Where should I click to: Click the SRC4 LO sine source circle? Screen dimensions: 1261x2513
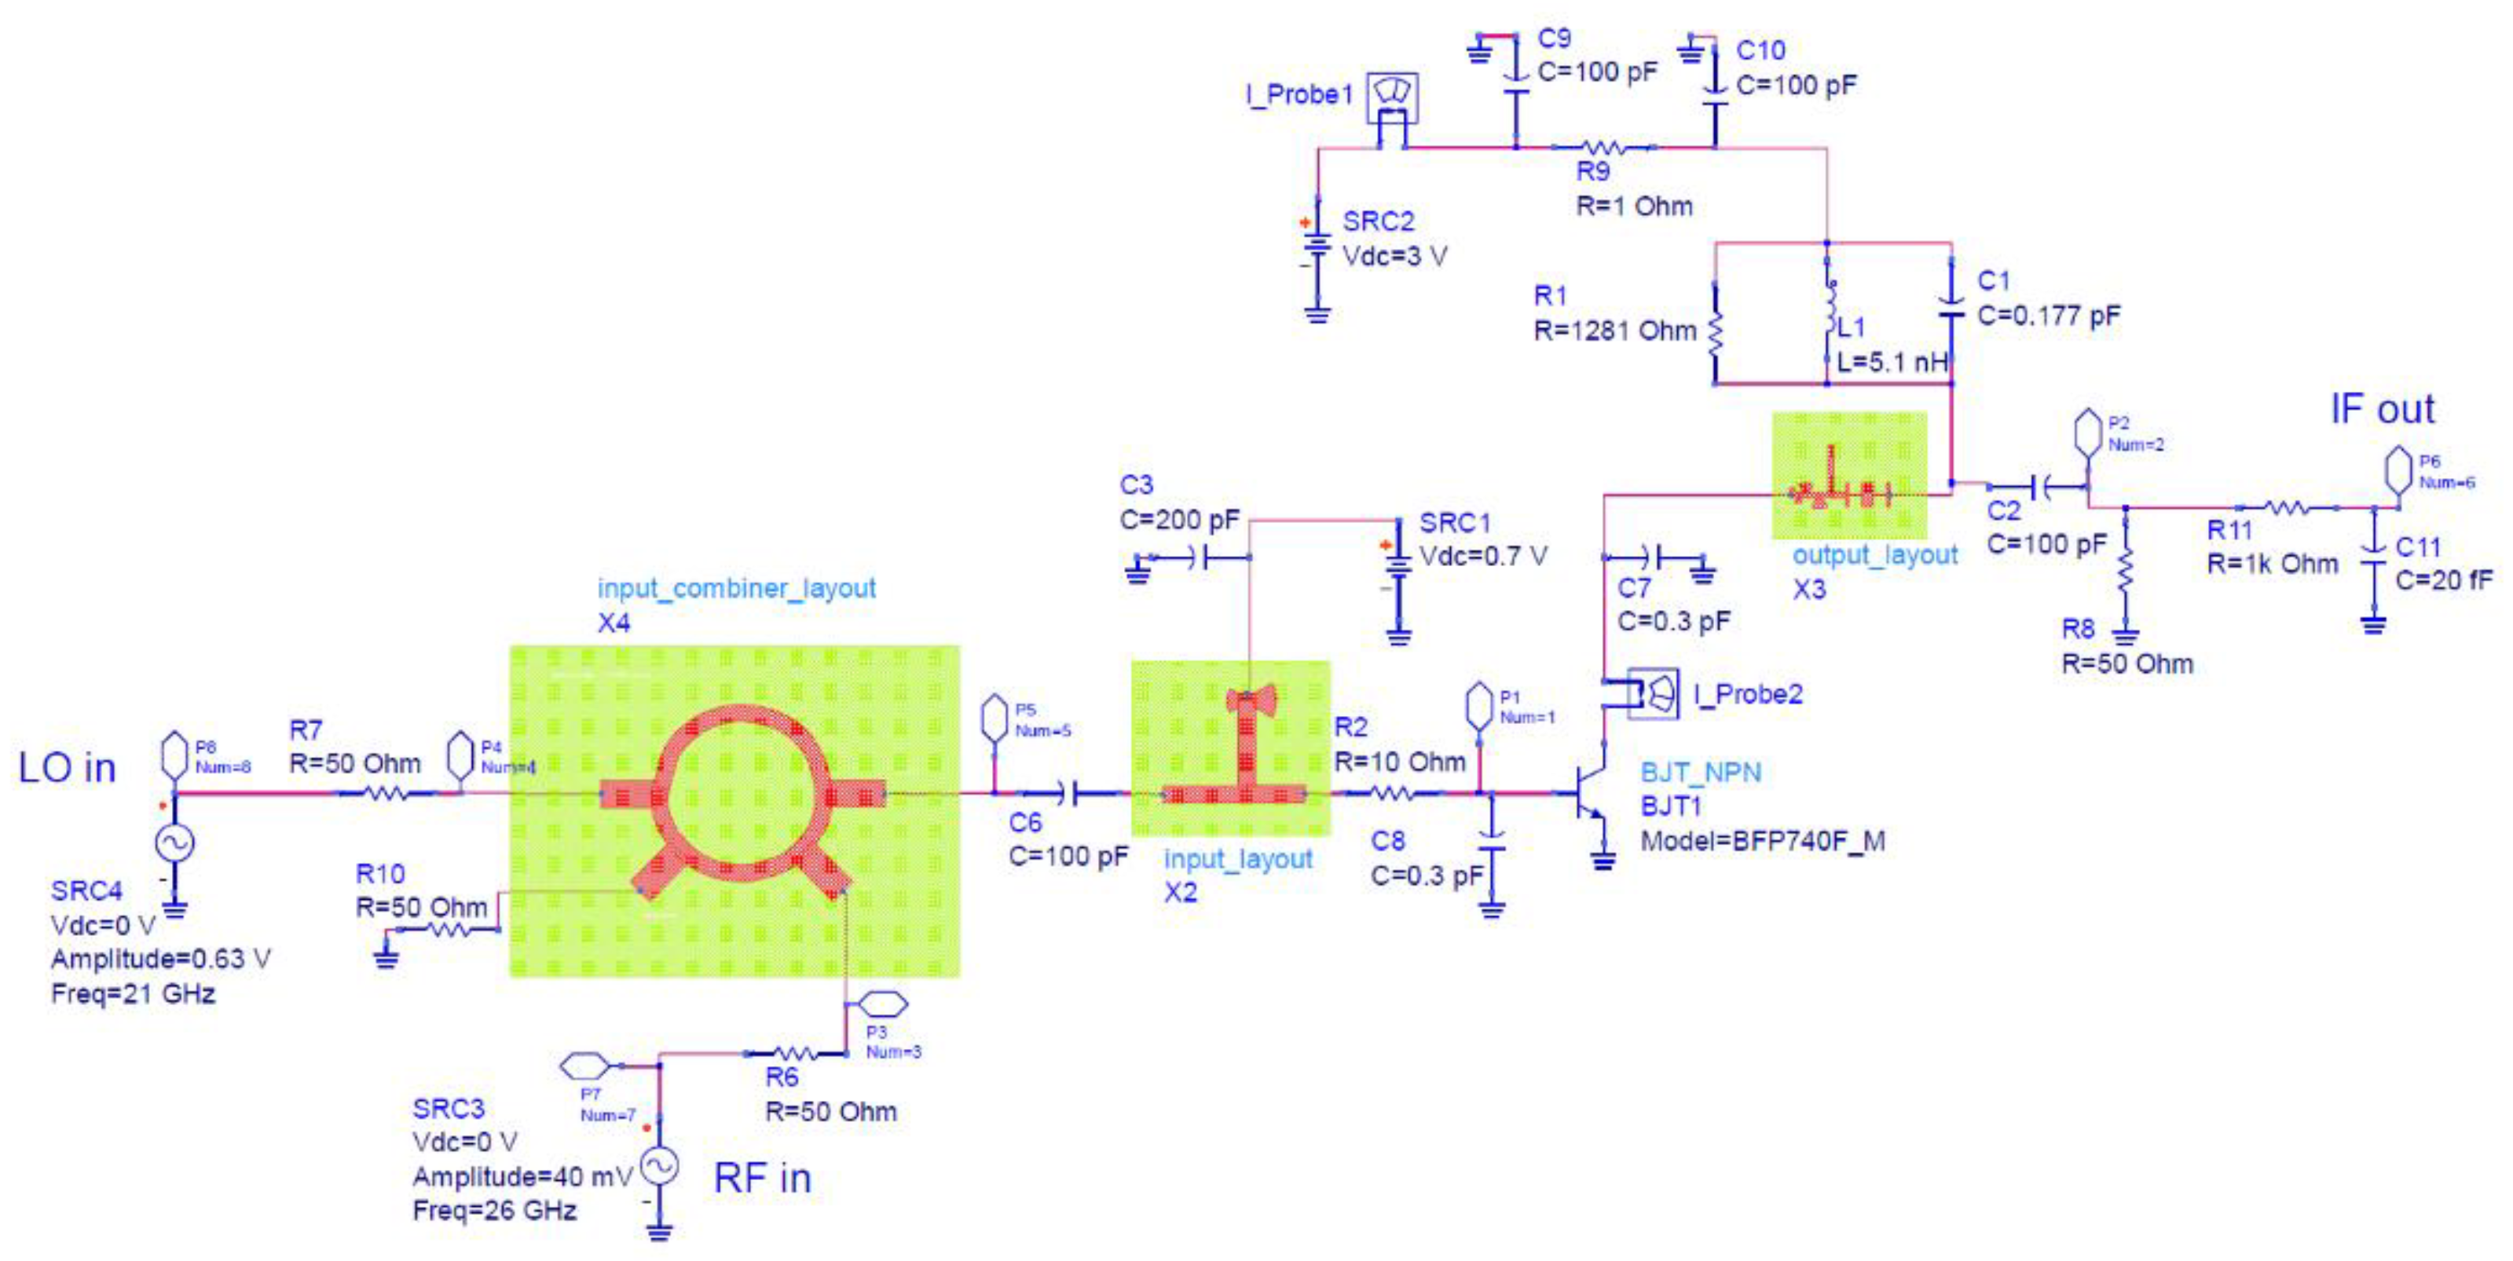(x=176, y=843)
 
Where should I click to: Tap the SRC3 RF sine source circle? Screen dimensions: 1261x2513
(x=659, y=1165)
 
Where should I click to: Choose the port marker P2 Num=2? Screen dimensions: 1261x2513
(x=2086, y=434)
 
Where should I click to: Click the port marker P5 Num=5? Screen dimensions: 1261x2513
(x=993, y=718)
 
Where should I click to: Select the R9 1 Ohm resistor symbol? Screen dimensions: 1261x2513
(x=1604, y=148)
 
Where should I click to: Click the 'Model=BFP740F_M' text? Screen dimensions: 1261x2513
(x=1762, y=841)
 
